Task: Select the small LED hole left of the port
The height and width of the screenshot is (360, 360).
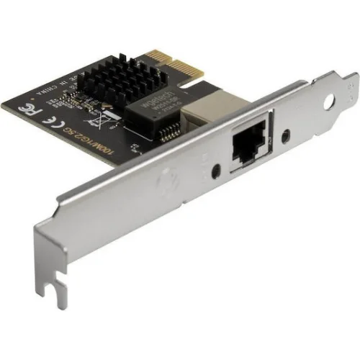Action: [x=217, y=171]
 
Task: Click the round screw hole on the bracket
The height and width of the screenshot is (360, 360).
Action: [x=329, y=102]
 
